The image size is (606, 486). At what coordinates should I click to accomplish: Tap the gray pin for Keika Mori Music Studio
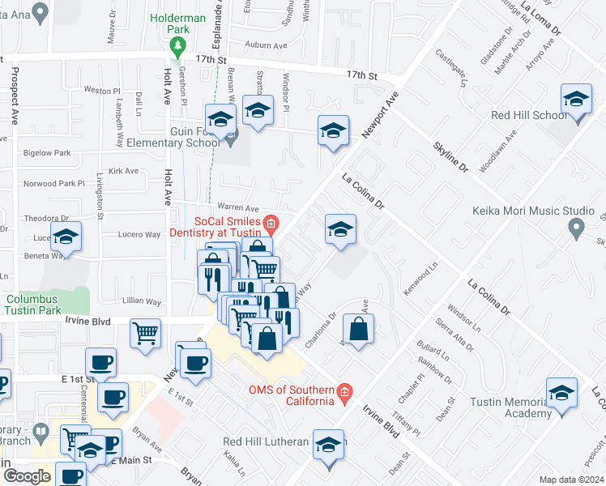pos(576,228)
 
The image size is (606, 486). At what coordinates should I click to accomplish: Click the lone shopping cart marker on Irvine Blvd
pos(146,332)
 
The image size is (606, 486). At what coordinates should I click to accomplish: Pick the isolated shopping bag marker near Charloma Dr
pos(357,330)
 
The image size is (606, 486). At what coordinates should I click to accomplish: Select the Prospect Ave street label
pos(15,95)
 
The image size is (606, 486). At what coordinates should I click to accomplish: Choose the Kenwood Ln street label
pos(422,277)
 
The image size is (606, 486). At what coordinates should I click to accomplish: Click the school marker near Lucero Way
pos(66,238)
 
